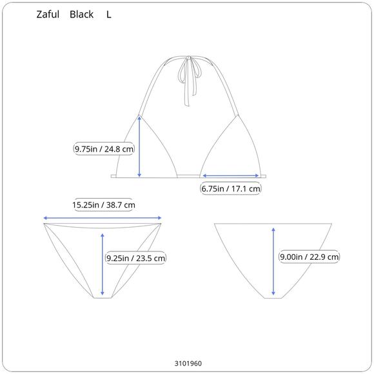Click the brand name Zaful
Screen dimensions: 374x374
coord(48,14)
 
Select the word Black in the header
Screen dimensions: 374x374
coord(81,14)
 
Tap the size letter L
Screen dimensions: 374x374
coord(108,15)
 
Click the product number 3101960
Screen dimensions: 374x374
coord(188,363)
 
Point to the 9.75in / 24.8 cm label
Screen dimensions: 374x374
coord(104,149)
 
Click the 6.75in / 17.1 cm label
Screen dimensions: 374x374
coord(231,189)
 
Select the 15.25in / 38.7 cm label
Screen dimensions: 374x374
coord(104,205)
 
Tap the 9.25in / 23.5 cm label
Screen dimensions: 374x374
coord(135,258)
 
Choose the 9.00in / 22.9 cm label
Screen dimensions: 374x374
coord(309,257)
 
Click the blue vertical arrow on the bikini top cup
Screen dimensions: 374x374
coord(139,146)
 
